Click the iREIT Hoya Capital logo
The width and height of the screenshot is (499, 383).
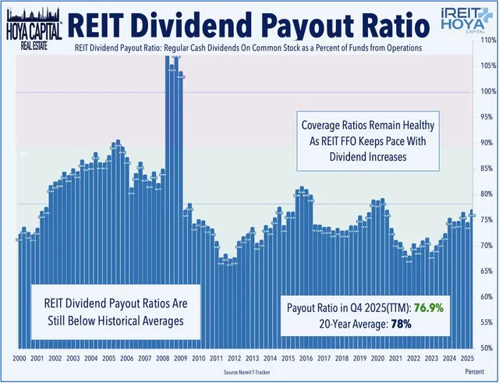pyautogui.click(x=464, y=21)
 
